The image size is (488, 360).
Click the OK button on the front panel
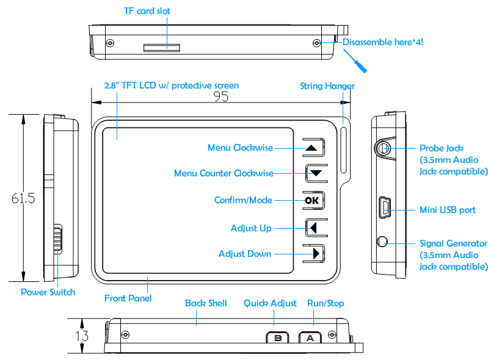(312, 200)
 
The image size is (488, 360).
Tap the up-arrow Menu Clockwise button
(312, 148)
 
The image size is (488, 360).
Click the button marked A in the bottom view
(310, 338)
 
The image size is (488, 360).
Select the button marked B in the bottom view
(278, 338)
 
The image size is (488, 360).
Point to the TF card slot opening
(161, 47)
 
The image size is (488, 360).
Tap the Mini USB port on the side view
(384, 209)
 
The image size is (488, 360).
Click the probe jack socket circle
(383, 148)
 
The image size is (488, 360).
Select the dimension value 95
(222, 96)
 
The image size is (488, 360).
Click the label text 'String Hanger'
(327, 86)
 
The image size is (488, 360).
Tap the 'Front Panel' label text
(128, 298)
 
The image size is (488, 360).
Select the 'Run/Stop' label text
(326, 303)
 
